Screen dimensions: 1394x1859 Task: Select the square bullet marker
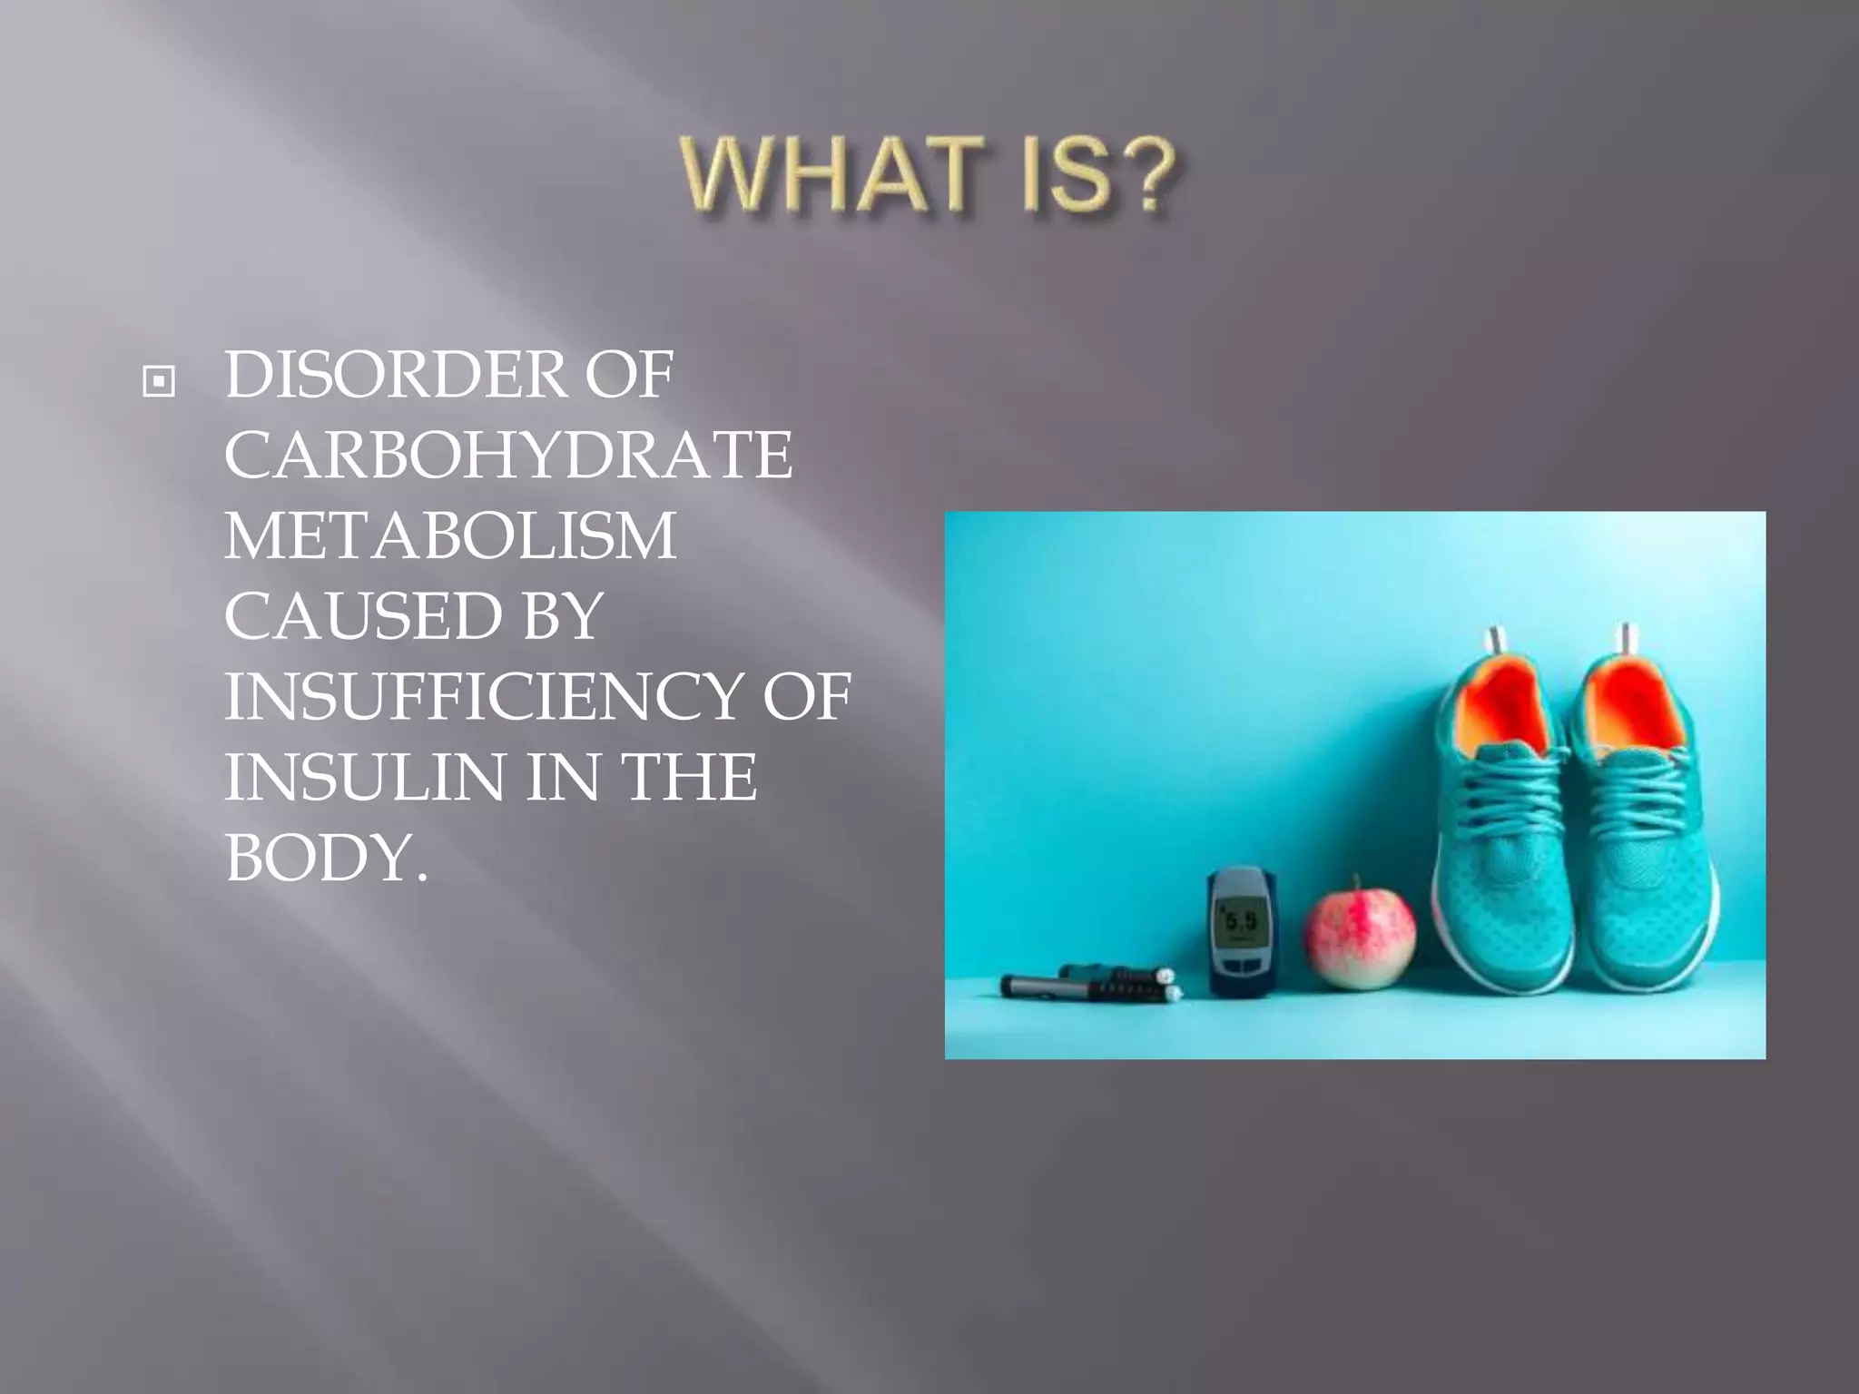tap(159, 382)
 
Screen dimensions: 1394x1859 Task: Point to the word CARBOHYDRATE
tap(508, 455)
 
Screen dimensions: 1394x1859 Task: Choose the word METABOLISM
tap(450, 535)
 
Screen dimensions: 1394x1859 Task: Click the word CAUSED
tap(362, 616)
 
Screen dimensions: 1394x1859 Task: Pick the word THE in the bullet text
tap(688, 778)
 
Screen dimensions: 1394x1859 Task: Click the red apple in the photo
tap(1360, 938)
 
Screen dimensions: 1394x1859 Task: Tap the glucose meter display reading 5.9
tap(1241, 921)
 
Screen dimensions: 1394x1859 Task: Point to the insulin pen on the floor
tap(1089, 986)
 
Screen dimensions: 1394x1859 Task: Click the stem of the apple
tap(1357, 882)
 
